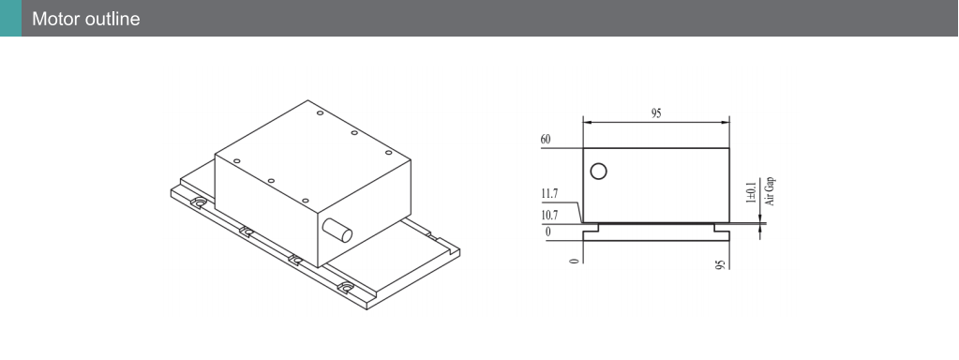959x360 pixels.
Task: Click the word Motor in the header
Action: (x=55, y=19)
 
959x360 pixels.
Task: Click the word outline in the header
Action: (x=112, y=19)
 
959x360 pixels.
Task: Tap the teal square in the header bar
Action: (x=10, y=19)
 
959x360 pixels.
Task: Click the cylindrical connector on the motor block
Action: (x=337, y=231)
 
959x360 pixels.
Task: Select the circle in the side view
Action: (x=599, y=172)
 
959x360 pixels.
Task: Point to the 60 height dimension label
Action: (x=546, y=140)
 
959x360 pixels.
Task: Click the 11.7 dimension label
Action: (x=549, y=194)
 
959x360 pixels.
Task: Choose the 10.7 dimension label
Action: (x=549, y=215)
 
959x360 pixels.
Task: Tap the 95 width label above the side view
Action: (x=656, y=113)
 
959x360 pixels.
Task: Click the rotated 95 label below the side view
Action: (x=721, y=264)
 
